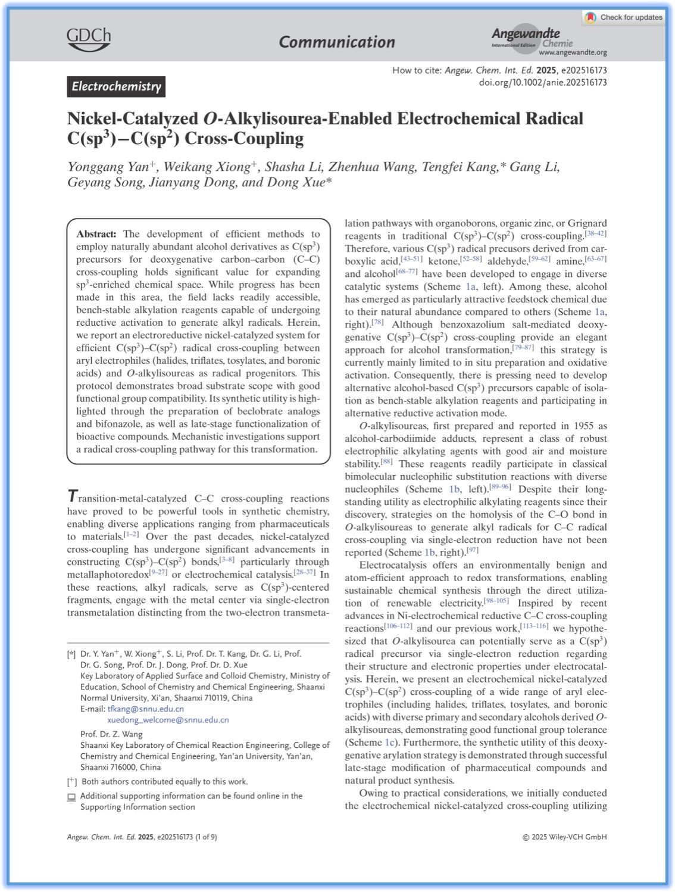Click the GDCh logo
tap(89, 39)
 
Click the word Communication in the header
tap(337, 42)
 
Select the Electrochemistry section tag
tap(116, 87)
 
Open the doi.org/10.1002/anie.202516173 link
tap(543, 82)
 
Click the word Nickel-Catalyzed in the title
tap(131, 118)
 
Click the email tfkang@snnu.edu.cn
tap(145, 709)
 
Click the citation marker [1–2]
tap(130, 535)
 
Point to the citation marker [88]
tap(386, 462)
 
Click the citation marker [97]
tap(472, 550)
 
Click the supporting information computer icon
tap(71, 797)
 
